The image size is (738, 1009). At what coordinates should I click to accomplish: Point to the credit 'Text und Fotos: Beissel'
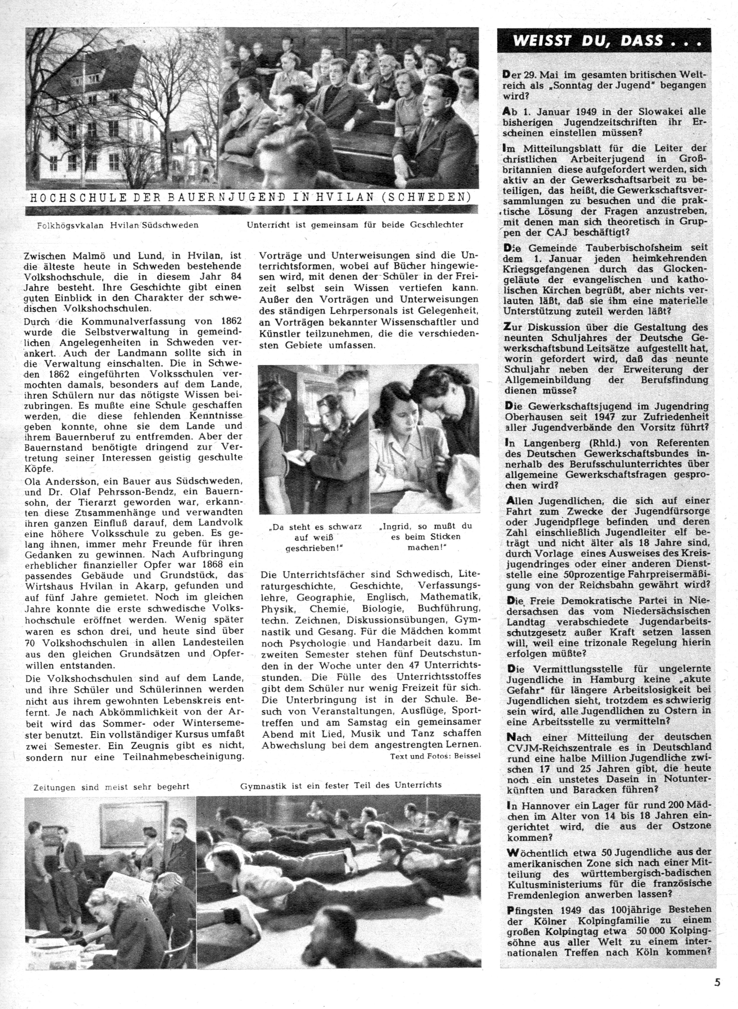pos(435,756)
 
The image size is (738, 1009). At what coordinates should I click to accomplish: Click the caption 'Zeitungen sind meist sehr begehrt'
pos(111,787)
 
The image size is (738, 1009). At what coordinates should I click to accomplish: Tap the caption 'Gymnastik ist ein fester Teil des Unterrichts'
pos(340,785)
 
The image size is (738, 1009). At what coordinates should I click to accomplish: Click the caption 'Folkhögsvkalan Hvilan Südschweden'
pos(118,225)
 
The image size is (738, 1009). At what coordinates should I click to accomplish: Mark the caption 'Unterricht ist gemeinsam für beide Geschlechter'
pos(355,225)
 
